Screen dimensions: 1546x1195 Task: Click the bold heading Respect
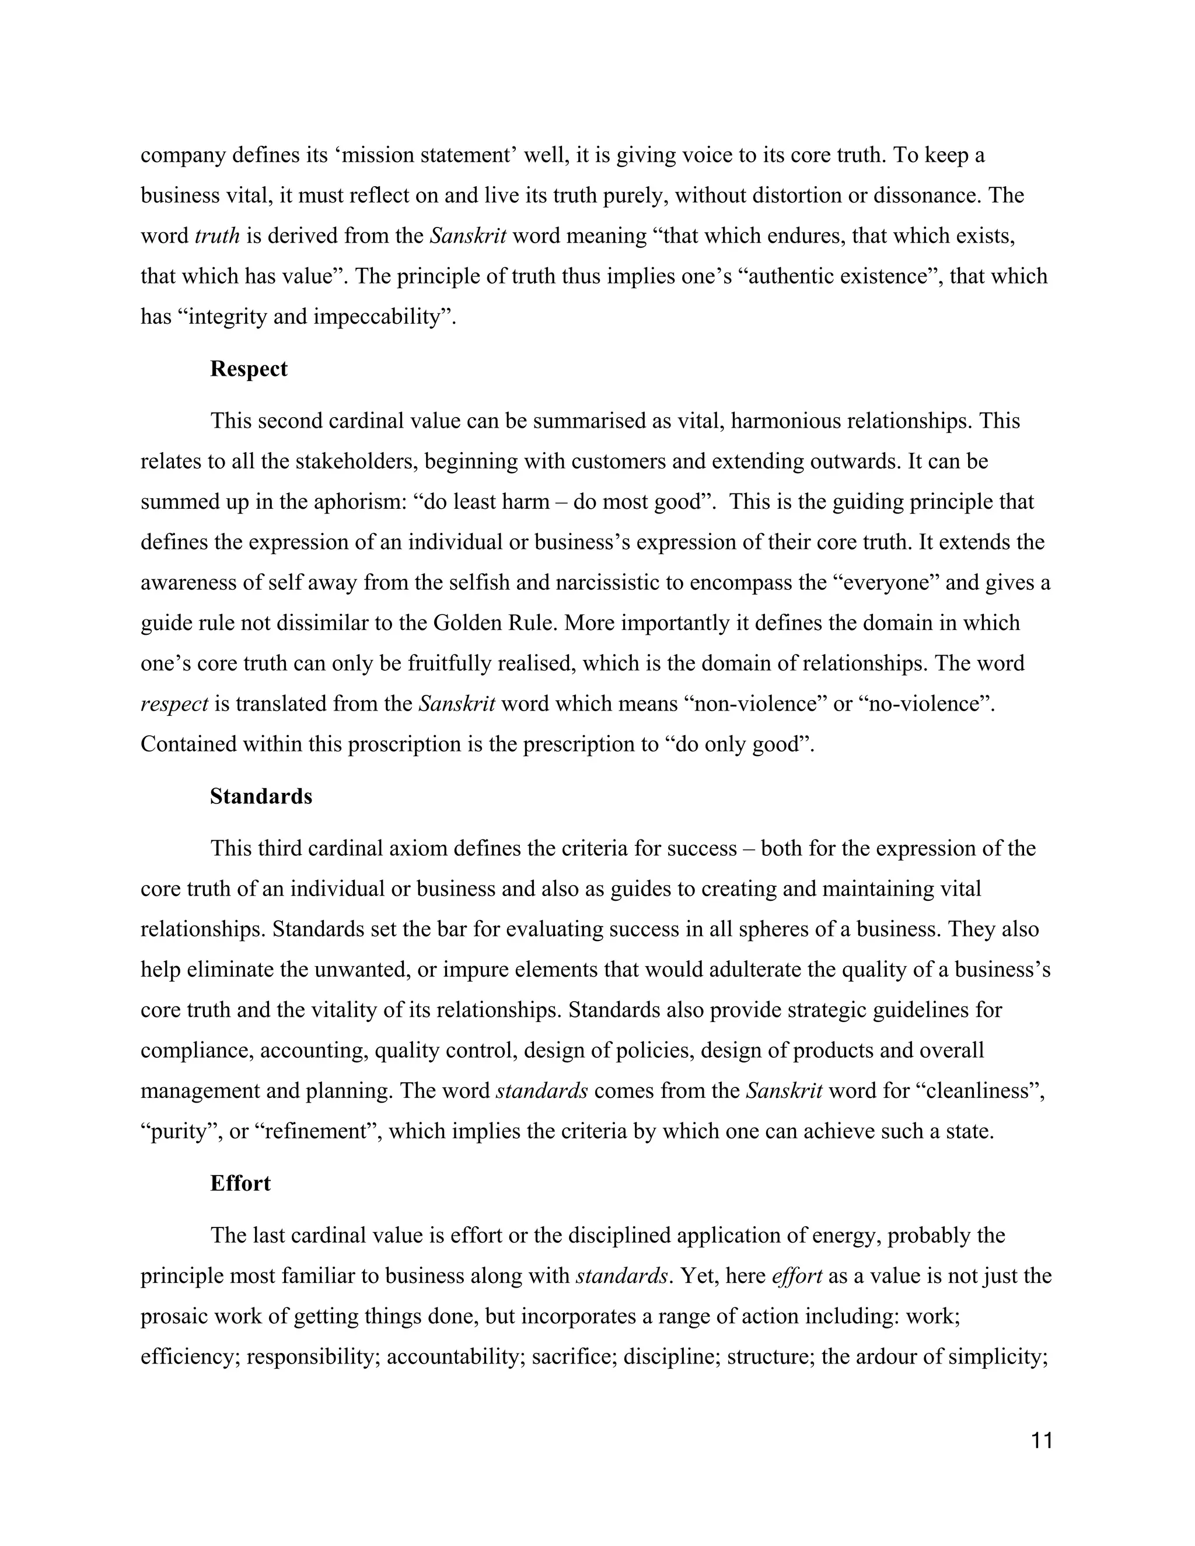click(x=249, y=369)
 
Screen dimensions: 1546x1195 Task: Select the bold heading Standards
click(x=260, y=796)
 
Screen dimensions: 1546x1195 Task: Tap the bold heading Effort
click(x=240, y=1184)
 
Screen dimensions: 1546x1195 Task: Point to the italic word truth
click(x=217, y=236)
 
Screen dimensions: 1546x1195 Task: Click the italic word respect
click(x=174, y=704)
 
